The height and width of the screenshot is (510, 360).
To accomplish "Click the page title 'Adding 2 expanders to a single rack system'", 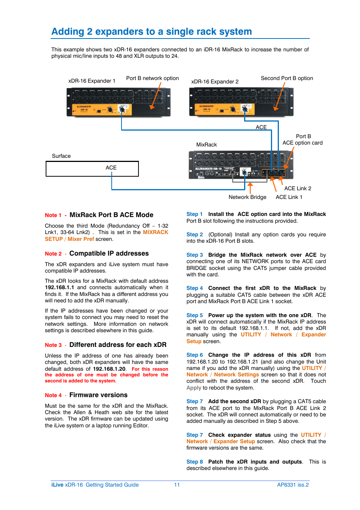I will pos(151,32).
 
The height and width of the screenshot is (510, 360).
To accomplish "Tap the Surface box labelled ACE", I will pos(92,169).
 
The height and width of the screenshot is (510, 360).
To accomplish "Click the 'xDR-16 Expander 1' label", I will pos(92,81).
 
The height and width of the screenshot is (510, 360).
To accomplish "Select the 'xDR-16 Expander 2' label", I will pos(215,82).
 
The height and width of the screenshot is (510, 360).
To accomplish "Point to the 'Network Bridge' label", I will pos(247,197).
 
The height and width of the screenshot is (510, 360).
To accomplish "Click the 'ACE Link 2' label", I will pos(298,188).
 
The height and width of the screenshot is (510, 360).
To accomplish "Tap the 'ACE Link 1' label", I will pos(289,197).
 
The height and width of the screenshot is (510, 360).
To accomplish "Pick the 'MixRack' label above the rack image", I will pos(206,145).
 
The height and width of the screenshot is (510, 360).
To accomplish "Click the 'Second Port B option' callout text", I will pos(287,78).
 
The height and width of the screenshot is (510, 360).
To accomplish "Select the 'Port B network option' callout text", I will pos(152,78).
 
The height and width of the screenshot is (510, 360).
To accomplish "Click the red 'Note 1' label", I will pos(53,215).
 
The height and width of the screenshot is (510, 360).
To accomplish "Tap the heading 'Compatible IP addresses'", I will pos(109,253).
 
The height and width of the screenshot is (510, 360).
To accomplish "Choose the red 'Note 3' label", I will pos(53,345).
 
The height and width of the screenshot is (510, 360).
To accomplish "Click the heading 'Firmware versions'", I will pos(98,395).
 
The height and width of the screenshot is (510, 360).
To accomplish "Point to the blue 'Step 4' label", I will pos(194,288).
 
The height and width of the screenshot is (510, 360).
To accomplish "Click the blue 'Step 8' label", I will pos(194,462).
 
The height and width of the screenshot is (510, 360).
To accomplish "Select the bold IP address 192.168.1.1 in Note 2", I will pos(59,287).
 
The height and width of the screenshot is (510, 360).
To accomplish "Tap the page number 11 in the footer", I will pos(177,485).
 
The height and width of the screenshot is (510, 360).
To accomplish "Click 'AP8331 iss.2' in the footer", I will pos(293,485).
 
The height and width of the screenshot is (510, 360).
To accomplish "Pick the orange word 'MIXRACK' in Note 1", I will pos(155,232).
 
